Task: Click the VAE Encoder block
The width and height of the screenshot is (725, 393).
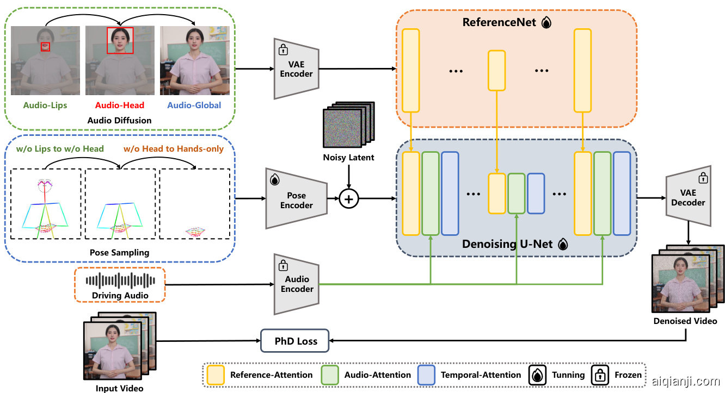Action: pyautogui.click(x=296, y=69)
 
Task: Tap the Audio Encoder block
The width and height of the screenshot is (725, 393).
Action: pyautogui.click(x=297, y=284)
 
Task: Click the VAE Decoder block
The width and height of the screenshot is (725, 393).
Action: pyautogui.click(x=688, y=197)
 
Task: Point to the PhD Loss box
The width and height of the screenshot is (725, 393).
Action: pyautogui.click(x=295, y=341)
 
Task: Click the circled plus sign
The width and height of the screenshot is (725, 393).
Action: pyautogui.click(x=349, y=199)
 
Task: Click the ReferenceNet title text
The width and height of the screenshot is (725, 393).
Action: pyautogui.click(x=499, y=22)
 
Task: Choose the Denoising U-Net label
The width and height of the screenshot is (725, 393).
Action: pyautogui.click(x=507, y=244)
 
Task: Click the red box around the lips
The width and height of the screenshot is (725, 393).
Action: pyautogui.click(x=45, y=47)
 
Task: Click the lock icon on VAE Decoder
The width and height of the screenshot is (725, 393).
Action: pyautogui.click(x=703, y=178)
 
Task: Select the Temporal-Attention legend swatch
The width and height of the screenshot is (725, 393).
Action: pyautogui.click(x=426, y=375)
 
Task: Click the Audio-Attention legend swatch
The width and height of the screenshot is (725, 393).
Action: pyautogui.click(x=330, y=375)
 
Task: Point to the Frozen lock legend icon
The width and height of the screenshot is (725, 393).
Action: pyautogui.click(x=601, y=375)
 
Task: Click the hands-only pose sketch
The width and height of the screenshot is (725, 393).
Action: pyautogui.click(x=195, y=232)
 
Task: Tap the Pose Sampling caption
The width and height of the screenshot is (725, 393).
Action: pyautogui.click(x=119, y=253)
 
